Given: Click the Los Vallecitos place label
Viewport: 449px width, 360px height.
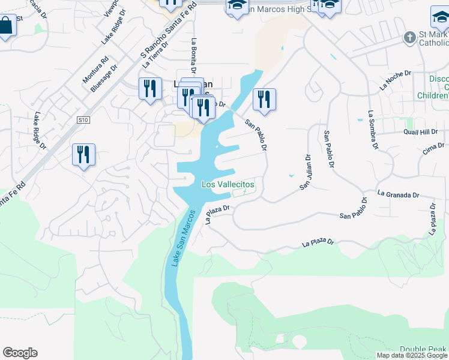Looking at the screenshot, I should click(x=228, y=184).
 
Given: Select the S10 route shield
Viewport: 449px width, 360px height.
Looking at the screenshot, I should click(x=83, y=120).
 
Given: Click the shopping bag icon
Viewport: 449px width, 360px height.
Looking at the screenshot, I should click(x=6, y=26).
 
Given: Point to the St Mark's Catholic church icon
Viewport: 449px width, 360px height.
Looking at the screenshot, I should click(x=410, y=38).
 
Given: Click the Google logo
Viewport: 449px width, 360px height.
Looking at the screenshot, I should click(x=20, y=353).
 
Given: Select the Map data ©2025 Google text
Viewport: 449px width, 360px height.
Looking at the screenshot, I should click(x=412, y=355).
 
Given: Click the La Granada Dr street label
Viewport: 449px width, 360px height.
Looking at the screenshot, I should click(x=398, y=194).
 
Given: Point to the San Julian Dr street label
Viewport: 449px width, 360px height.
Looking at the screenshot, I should click(x=305, y=173).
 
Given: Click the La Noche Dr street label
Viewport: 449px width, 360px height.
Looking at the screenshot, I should click(x=395, y=80).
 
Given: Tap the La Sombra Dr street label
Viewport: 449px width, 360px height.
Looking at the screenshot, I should click(x=373, y=129).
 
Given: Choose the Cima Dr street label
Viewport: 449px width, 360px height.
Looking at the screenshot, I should click(x=433, y=149).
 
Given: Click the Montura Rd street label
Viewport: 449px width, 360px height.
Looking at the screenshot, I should click(x=96, y=70).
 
